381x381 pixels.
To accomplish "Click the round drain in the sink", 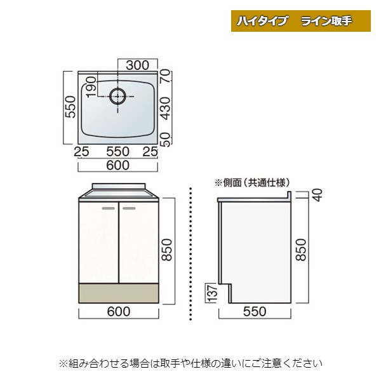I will coord(118,97).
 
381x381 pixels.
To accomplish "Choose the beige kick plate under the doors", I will coord(118,293).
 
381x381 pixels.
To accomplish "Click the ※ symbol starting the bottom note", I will coord(63,363).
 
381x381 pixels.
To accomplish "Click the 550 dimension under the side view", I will coord(254,311).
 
